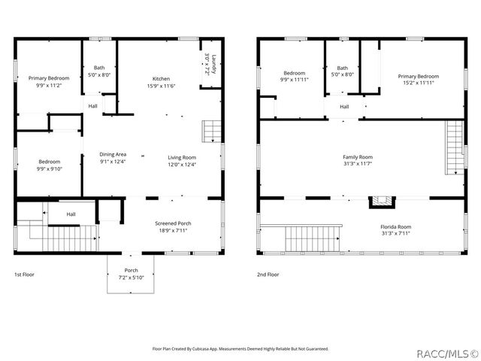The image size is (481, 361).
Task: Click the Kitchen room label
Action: (x=161, y=79)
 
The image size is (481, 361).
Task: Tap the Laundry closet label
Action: (x=213, y=63)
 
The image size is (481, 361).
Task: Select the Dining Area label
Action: (x=113, y=154)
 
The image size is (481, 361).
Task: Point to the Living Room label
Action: (x=181, y=157)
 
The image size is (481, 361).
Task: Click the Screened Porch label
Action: (x=173, y=223)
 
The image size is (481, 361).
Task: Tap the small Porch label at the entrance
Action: (x=131, y=271)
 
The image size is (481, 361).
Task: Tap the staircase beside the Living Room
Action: (x=212, y=132)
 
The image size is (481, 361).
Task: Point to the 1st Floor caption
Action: (x=24, y=275)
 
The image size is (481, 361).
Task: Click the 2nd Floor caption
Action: (x=268, y=275)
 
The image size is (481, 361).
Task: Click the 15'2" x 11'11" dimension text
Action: (x=418, y=83)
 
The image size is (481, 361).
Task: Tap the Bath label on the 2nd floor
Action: (x=342, y=68)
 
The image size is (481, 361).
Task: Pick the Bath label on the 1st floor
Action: (x=99, y=68)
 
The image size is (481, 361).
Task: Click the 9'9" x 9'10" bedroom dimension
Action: (x=49, y=169)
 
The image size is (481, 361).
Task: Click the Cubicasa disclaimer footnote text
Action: (x=240, y=348)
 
